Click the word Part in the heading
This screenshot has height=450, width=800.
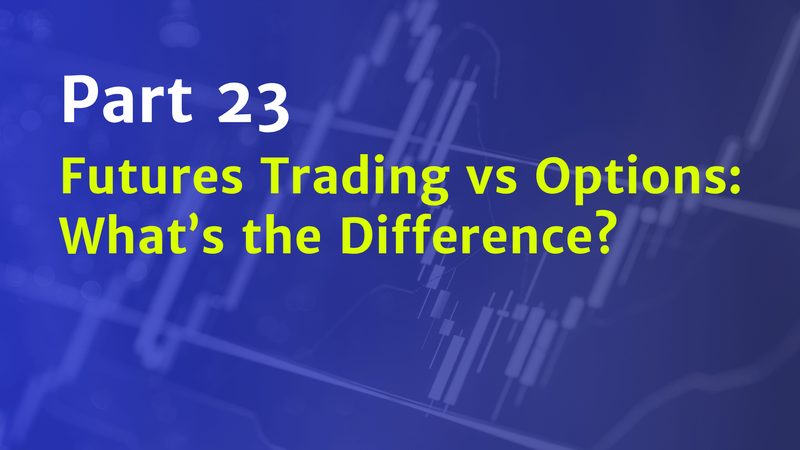tap(127, 100)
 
